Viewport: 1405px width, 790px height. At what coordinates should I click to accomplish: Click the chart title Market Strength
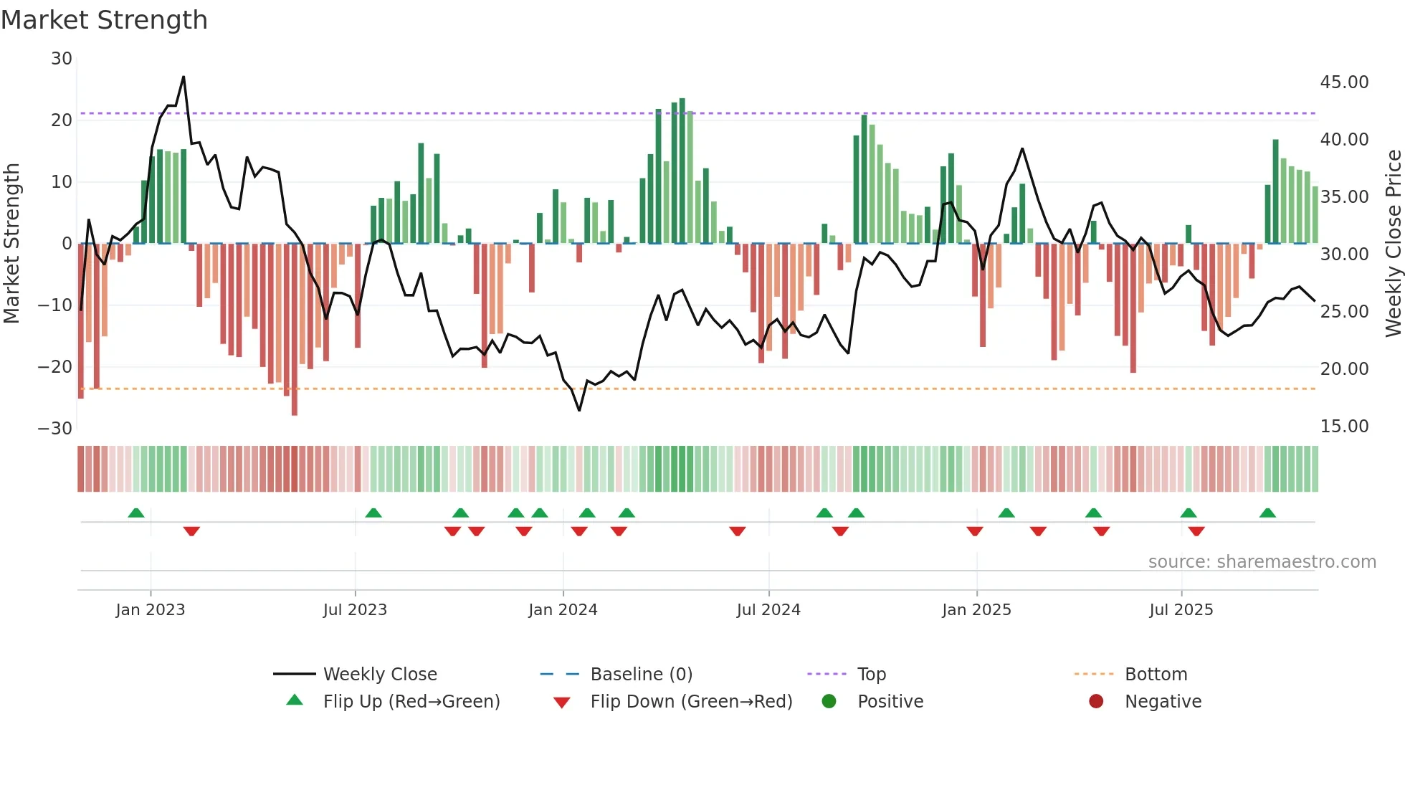tap(104, 20)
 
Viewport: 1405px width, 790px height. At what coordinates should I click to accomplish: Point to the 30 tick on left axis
tap(62, 59)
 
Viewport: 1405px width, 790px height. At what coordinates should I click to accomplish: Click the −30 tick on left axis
tap(55, 429)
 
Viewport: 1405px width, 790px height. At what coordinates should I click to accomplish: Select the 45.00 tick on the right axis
tap(1344, 82)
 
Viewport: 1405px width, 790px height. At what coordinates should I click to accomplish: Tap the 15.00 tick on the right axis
tap(1344, 427)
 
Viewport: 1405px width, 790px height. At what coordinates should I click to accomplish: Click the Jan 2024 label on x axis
tap(563, 610)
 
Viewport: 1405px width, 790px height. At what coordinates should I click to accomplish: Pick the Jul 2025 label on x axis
tap(1181, 610)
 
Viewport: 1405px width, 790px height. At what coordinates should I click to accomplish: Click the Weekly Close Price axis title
tap(1393, 244)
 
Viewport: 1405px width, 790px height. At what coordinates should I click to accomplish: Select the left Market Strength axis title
tap(11, 244)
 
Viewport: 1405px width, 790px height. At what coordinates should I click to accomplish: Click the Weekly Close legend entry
tap(379, 675)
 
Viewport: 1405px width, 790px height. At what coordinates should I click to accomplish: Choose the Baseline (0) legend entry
tap(641, 675)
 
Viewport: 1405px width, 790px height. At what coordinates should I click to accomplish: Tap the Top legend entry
tap(871, 675)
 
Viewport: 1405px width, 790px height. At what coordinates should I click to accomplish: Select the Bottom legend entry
tap(1156, 675)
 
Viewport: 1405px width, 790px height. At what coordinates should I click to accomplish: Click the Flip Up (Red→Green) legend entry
tap(411, 702)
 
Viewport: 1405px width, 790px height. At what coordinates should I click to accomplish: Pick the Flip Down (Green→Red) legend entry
tap(691, 702)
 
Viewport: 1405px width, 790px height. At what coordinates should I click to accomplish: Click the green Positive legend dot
tap(829, 701)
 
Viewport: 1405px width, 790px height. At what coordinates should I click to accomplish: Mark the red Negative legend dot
tap(1096, 701)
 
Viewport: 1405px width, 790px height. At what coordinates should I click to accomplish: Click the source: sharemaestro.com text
tap(1262, 562)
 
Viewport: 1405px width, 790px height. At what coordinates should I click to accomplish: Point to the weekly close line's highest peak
tap(184, 77)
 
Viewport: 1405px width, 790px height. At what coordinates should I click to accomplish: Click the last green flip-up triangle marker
tap(1267, 513)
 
